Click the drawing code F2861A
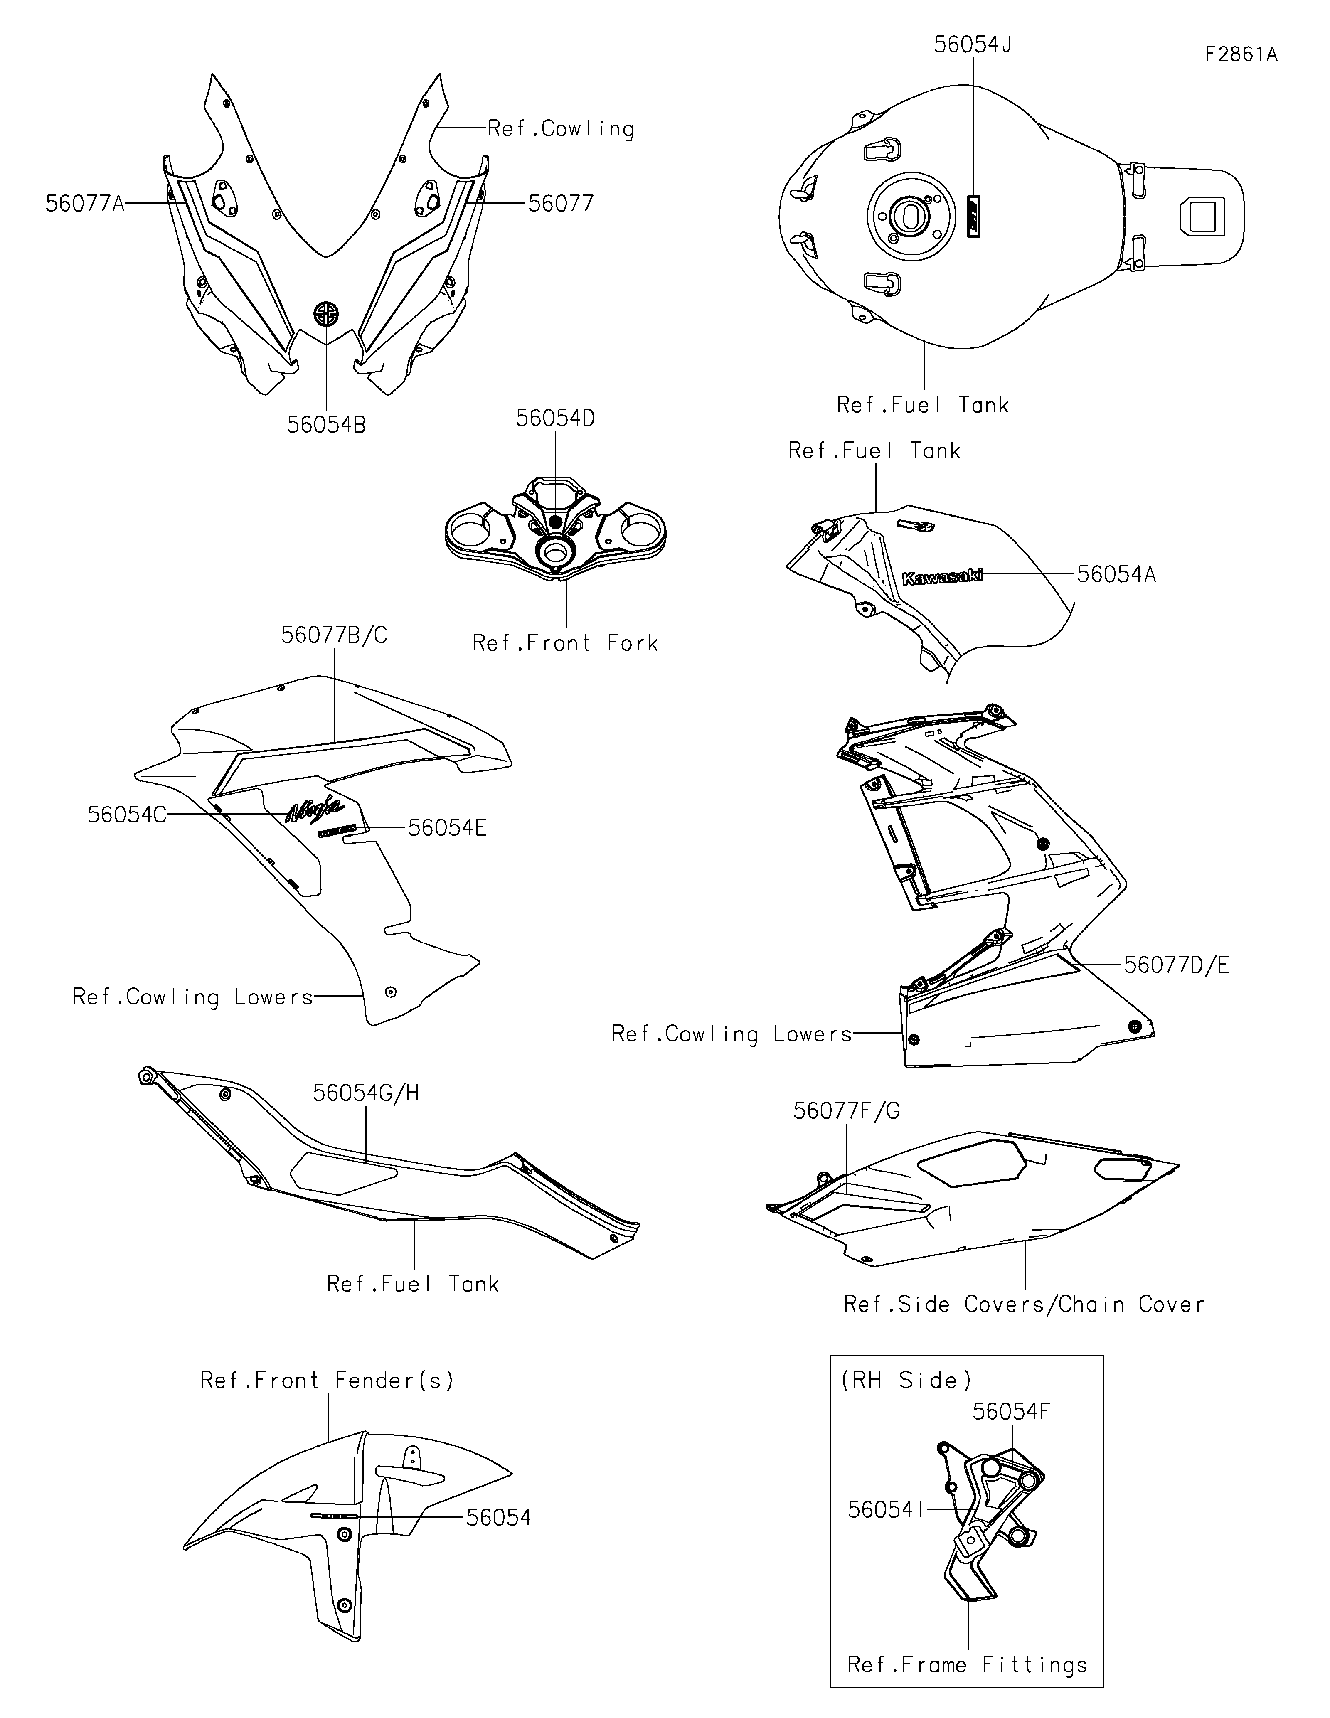pos(1240,54)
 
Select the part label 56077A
pos(85,204)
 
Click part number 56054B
pos(326,425)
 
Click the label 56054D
pos(555,418)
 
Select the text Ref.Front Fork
pos(565,643)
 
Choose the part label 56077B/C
pos(334,635)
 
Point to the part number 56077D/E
pos(1176,965)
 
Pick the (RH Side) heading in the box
pos(906,1381)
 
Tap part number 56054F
pos(1011,1412)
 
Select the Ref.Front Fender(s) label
pos(327,1381)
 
